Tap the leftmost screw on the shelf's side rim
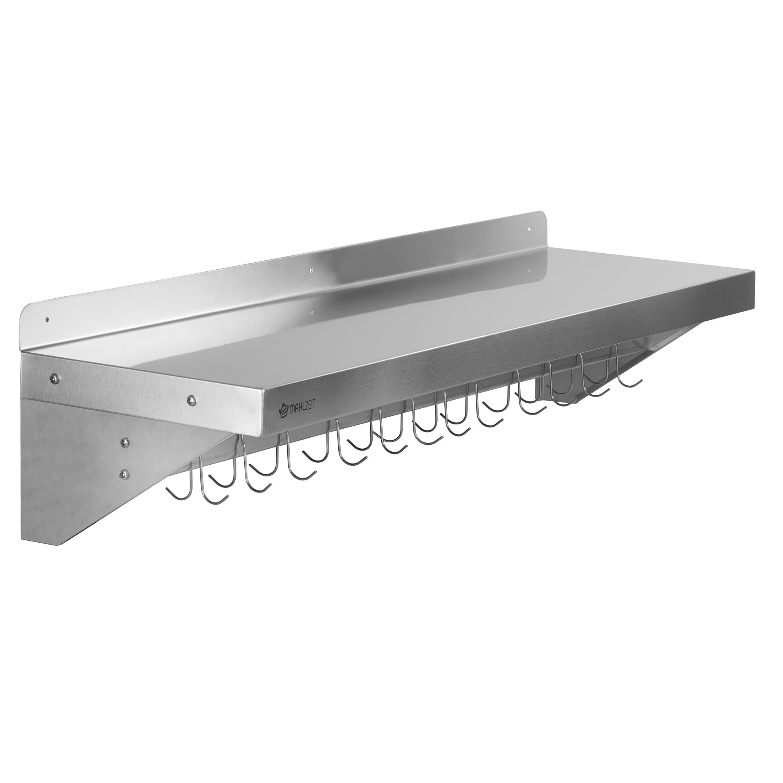pos(53,378)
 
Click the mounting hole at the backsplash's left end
pos(47,320)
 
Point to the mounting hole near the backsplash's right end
pos(529,230)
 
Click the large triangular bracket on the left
pos(81,466)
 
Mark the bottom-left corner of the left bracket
pos(22,543)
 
